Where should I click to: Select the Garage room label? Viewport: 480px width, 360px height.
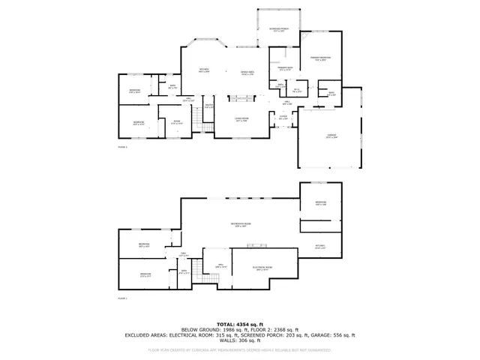coord(331,137)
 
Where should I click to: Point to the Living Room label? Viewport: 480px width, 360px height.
coord(241,120)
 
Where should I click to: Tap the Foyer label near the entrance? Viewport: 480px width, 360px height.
coord(283,117)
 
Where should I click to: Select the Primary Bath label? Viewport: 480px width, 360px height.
coord(284,68)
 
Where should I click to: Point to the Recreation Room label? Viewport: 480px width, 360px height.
coord(240,225)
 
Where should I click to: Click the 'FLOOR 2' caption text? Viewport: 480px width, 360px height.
coord(123,148)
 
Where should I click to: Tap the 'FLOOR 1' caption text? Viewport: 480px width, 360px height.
coord(123,298)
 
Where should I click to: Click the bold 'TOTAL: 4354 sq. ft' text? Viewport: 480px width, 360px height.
coord(240,322)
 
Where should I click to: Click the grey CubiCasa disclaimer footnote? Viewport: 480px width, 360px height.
coord(240,349)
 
